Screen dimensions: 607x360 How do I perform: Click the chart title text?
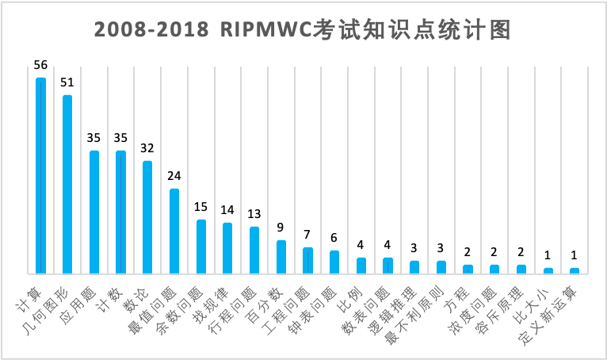click(303, 29)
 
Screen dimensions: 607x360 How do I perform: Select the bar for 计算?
click(40, 176)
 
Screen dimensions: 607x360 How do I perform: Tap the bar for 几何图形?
click(67, 185)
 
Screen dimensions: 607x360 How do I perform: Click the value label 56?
click(40, 65)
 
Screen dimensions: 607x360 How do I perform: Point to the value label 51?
click(67, 82)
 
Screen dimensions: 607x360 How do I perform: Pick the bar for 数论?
click(147, 217)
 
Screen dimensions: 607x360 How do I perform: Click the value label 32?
click(147, 148)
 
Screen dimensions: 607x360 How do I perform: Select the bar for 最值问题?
click(174, 232)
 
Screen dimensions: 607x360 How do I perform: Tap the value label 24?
click(174, 176)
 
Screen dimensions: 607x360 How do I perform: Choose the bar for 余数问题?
click(201, 247)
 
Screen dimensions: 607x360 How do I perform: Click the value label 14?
click(227, 210)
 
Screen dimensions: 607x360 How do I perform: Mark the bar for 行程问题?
click(254, 251)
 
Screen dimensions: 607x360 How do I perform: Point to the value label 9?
click(281, 228)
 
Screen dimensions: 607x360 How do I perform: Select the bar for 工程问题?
click(307, 261)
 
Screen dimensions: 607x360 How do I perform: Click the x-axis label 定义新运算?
click(548, 315)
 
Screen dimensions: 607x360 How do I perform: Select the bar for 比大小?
click(548, 271)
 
